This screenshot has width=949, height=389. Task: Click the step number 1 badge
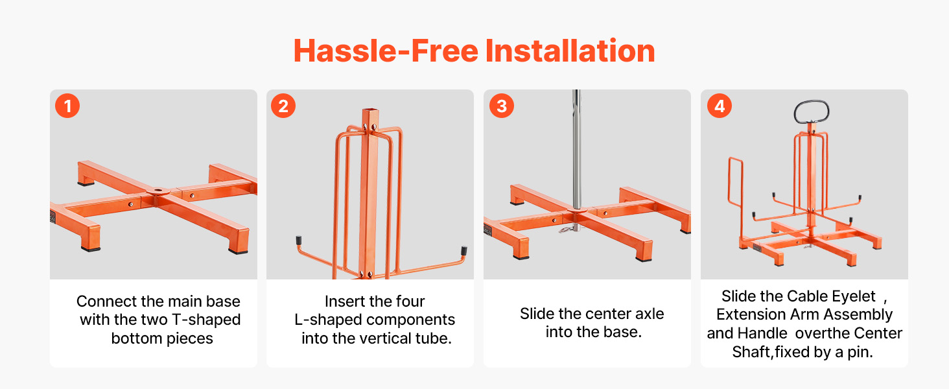(x=67, y=106)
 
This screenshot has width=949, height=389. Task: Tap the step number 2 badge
(x=283, y=106)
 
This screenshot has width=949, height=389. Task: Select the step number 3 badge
(x=501, y=106)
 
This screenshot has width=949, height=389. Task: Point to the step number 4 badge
(x=720, y=106)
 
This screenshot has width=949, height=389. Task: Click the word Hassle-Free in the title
(x=386, y=51)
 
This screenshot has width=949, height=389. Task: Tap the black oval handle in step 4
(x=811, y=112)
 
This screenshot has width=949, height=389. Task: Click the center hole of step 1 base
(x=158, y=190)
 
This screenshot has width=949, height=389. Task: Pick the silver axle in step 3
(x=576, y=149)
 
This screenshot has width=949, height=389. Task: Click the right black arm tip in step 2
(x=464, y=250)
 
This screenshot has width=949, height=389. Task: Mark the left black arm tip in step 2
(x=299, y=241)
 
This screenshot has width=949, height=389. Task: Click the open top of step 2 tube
(x=370, y=111)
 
